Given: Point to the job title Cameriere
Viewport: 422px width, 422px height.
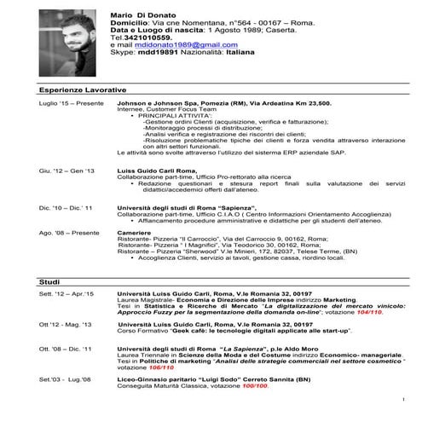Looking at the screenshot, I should point(134,232).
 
